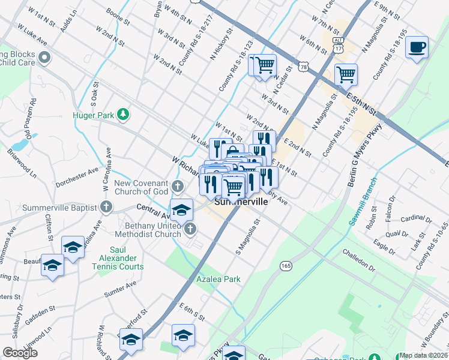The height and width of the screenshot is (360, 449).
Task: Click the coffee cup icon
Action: (x=417, y=47)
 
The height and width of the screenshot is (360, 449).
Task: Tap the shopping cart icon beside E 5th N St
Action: (x=346, y=74)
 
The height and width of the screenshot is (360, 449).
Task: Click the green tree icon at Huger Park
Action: (x=123, y=114)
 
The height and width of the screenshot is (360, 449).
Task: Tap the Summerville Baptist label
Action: (x=60, y=208)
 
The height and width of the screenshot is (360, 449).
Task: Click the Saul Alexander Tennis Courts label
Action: (x=126, y=258)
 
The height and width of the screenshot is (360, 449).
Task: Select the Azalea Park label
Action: (x=218, y=279)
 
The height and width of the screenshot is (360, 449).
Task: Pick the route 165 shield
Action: (x=285, y=264)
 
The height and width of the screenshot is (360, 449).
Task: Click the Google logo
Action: (x=20, y=353)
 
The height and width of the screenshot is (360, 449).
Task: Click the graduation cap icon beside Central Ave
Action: (x=181, y=210)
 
